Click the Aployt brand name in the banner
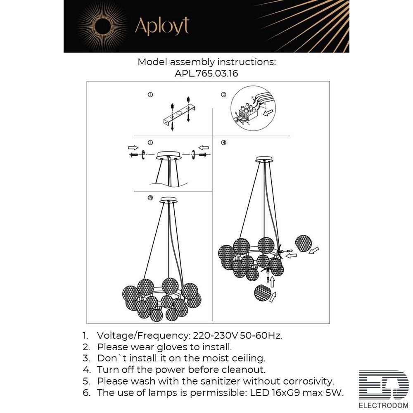click(162, 26)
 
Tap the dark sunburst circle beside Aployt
click(102, 26)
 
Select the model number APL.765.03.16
click(206, 73)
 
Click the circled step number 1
click(150, 95)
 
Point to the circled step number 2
click(223, 95)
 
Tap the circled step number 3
click(150, 142)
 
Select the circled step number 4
click(223, 142)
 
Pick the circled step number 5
click(150, 198)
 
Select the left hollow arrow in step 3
click(133, 147)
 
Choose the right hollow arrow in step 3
click(204, 147)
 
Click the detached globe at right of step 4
click(304, 244)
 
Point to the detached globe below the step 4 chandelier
click(263, 293)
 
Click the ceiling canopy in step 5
click(169, 200)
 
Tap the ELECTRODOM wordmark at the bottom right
click(384, 406)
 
